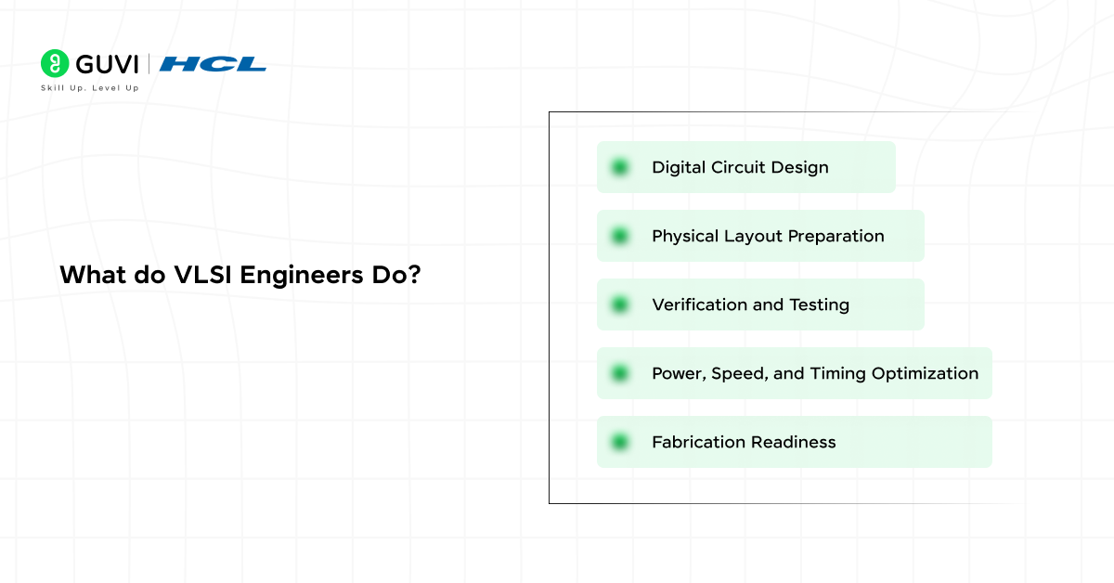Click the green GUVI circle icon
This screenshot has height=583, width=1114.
click(55, 63)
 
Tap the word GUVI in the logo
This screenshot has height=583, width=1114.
click(107, 65)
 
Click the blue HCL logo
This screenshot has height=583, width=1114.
click(213, 64)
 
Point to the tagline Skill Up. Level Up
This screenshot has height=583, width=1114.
click(89, 88)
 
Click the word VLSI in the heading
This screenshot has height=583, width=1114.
click(202, 275)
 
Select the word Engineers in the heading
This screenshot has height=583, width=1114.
click(302, 275)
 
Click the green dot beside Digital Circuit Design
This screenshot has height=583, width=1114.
click(620, 167)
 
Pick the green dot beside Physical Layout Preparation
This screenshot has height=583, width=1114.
click(620, 236)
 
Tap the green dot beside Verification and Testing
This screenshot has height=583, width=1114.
click(620, 304)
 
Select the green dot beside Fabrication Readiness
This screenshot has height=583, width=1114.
click(620, 442)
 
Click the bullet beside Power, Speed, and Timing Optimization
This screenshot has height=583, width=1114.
click(620, 373)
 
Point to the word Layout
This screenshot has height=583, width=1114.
click(753, 237)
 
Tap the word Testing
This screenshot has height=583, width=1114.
click(819, 305)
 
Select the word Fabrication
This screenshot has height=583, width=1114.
click(698, 442)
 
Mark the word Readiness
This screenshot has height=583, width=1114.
click(793, 442)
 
